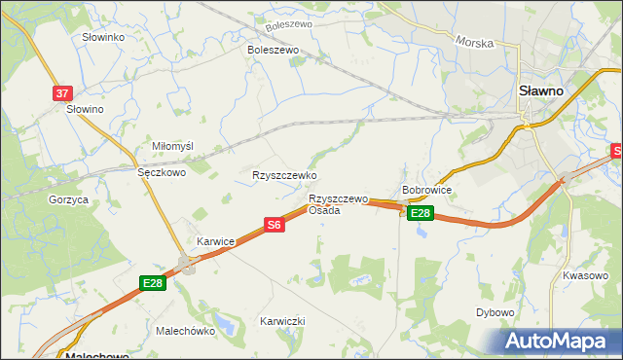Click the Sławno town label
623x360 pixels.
540,90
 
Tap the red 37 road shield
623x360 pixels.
62,93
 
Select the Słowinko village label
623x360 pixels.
103,37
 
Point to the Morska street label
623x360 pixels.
475,43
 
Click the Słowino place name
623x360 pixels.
85,109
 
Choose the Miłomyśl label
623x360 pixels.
173,146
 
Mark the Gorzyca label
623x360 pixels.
68,199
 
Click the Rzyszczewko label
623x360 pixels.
285,175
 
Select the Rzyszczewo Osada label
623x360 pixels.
338,204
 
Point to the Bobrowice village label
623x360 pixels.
426,191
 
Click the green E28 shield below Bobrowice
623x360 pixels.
420,213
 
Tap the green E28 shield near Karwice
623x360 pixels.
153,283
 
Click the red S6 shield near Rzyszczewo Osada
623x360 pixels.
275,225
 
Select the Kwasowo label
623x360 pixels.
585,275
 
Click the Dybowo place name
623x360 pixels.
495,312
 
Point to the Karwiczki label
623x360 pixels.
282,320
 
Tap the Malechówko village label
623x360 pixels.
185,331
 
